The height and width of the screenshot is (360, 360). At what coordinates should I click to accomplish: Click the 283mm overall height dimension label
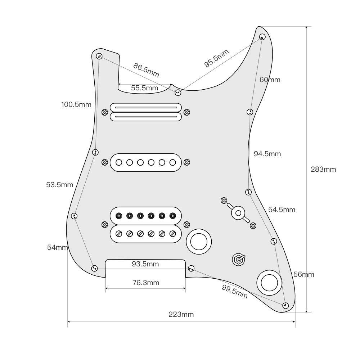[323, 169]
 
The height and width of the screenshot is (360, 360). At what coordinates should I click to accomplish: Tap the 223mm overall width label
[181, 314]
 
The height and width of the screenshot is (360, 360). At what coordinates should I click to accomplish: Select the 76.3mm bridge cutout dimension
[145, 283]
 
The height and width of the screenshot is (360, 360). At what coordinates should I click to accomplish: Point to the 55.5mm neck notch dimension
[144, 88]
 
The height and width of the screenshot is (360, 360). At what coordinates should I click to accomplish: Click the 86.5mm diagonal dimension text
[146, 70]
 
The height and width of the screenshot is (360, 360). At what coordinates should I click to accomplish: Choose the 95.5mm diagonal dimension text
[216, 58]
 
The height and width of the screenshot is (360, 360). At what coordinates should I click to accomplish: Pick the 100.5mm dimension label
[76, 105]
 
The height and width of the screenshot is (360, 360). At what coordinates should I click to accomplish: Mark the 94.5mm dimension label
[267, 154]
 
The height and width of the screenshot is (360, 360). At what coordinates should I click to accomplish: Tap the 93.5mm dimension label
[145, 264]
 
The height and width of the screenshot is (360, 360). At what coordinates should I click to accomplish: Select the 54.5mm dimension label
[282, 210]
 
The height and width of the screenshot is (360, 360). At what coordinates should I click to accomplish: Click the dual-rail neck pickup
[145, 112]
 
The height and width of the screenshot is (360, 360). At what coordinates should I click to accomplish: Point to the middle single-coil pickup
[145, 162]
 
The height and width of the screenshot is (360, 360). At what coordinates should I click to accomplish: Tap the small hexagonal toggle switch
[238, 259]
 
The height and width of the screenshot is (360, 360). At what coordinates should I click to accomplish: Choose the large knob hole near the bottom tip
[268, 282]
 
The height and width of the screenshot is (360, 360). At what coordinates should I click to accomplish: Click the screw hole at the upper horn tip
[262, 36]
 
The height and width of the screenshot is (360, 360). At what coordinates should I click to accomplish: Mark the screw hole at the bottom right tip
[285, 305]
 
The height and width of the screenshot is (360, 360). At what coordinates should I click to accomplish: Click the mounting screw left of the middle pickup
[104, 162]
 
